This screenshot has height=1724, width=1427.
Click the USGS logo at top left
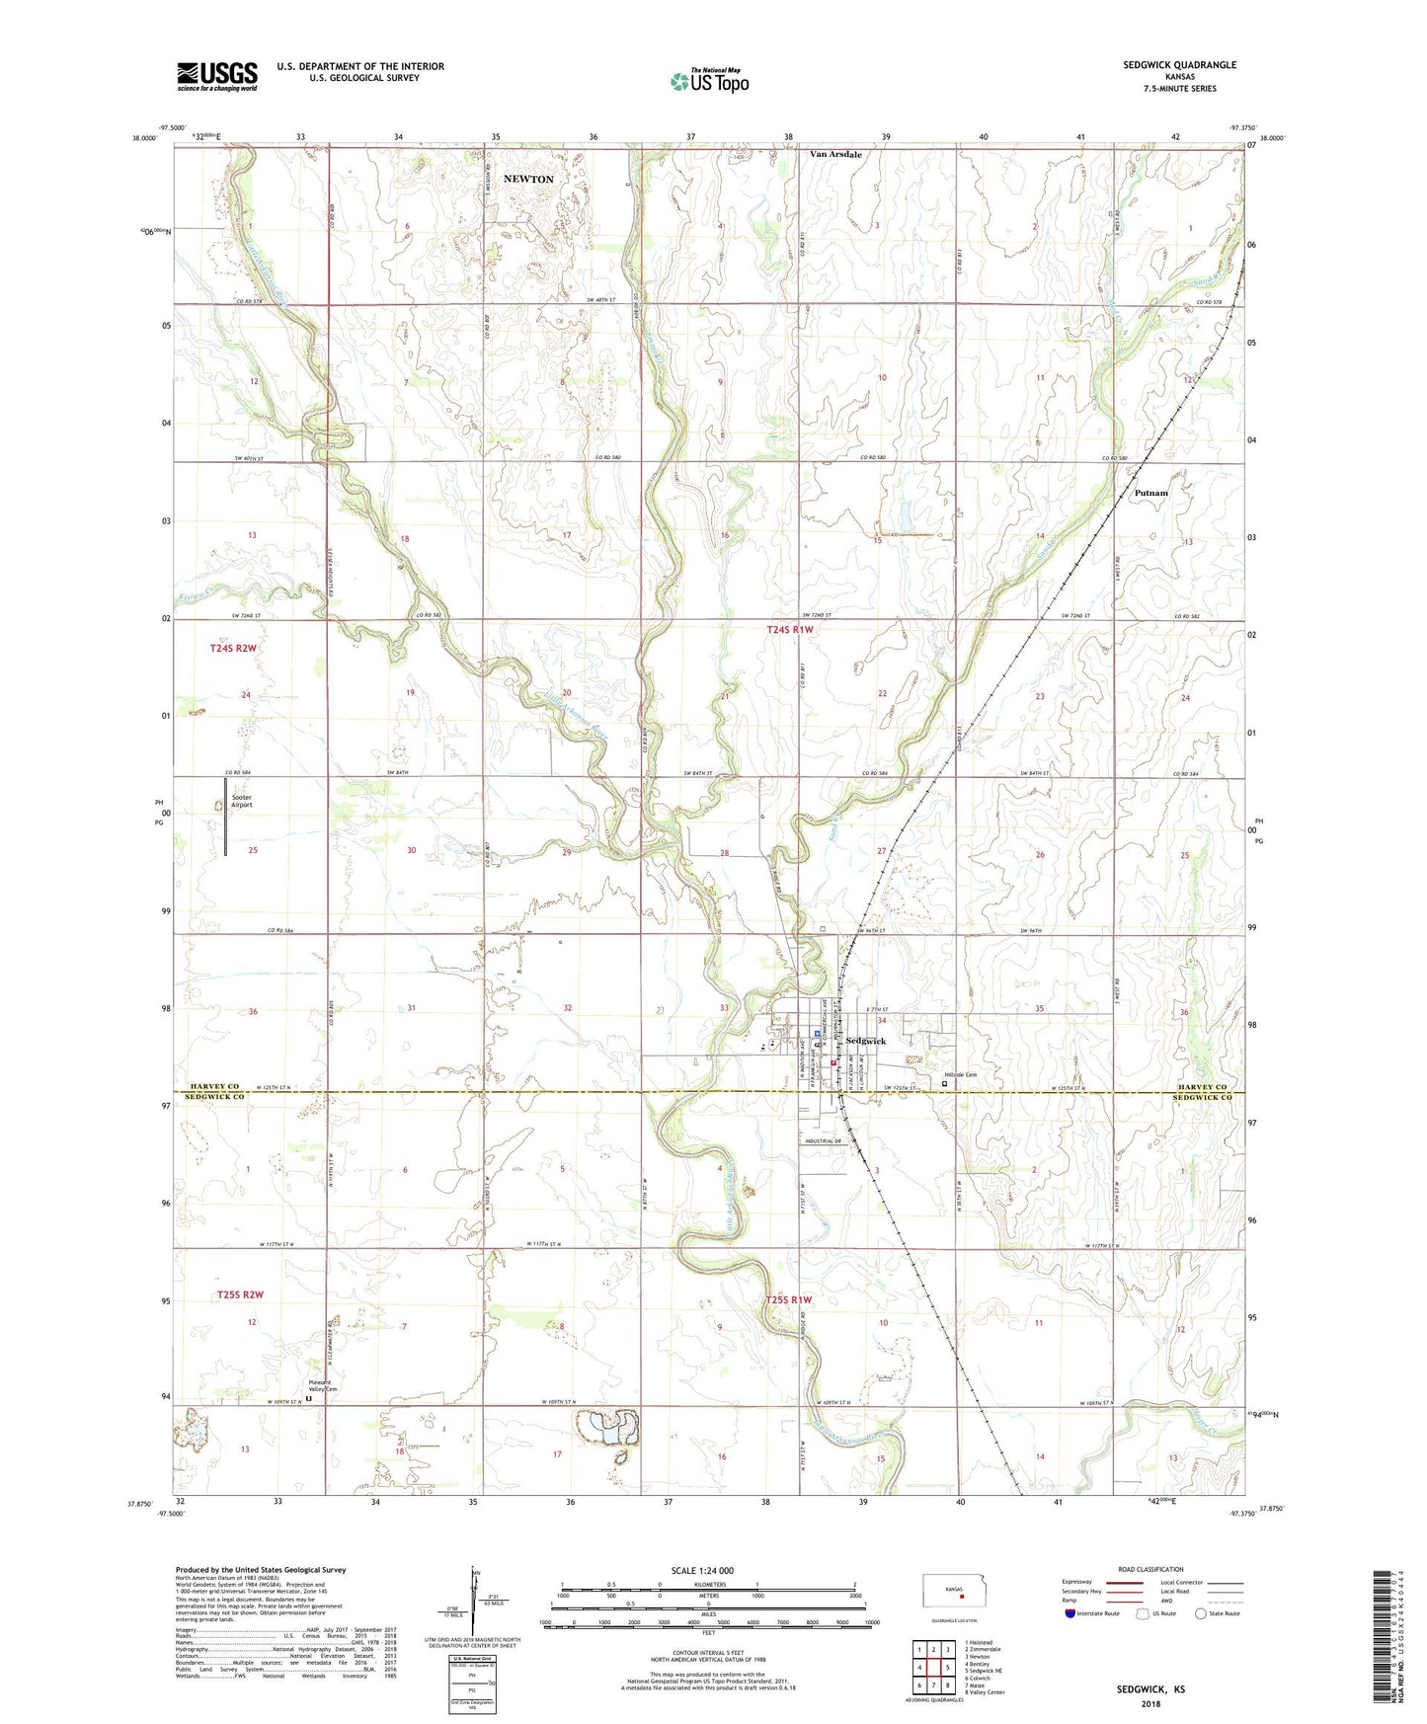(x=216, y=76)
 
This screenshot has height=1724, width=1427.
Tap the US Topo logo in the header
(x=709, y=81)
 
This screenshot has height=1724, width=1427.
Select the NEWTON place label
(x=528, y=179)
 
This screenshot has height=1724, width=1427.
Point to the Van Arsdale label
(x=835, y=155)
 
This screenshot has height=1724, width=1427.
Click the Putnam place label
(x=1150, y=493)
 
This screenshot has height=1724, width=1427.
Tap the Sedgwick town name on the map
(x=865, y=1041)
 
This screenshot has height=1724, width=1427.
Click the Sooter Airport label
(x=241, y=801)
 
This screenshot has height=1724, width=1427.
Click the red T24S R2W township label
(x=233, y=648)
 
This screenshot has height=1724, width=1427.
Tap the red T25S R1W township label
(x=788, y=1300)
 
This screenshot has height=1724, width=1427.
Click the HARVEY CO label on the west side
(x=214, y=1086)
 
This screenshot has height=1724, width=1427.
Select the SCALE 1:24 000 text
(x=701, y=1570)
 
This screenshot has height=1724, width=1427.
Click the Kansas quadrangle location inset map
(x=953, y=1592)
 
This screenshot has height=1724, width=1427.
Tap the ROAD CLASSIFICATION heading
(x=1150, y=1569)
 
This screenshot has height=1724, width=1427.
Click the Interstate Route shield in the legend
(x=1070, y=1613)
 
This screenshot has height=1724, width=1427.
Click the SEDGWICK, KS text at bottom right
(x=1150, y=1689)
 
